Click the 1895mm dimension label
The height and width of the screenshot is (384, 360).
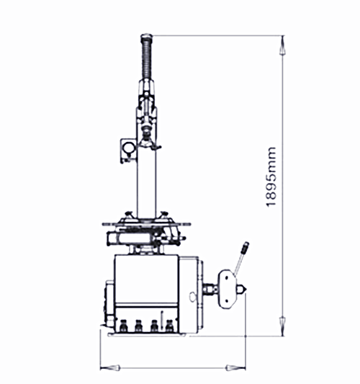271,177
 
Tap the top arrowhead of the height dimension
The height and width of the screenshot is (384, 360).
282,45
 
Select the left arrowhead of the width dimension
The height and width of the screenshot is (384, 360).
110,367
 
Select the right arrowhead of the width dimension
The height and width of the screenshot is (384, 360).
235,367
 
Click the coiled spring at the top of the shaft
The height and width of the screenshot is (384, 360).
146,57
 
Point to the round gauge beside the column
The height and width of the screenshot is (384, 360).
129,148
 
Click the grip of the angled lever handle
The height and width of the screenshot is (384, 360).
245,248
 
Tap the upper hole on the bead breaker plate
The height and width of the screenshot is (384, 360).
226,277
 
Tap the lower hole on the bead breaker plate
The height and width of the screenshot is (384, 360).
226,300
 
